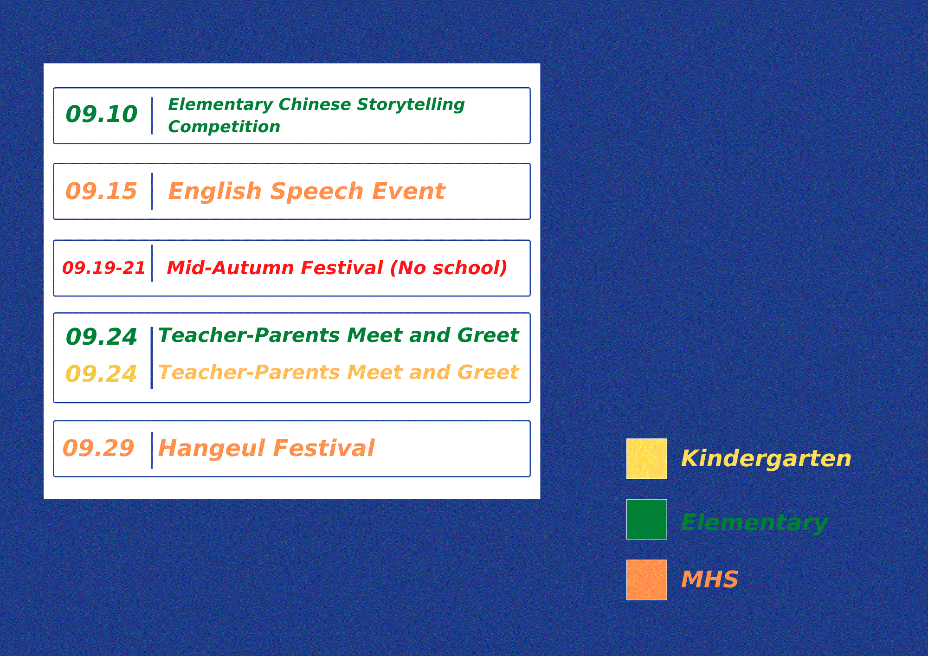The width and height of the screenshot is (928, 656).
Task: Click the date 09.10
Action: coord(102,114)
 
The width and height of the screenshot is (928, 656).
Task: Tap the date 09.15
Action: coord(102,191)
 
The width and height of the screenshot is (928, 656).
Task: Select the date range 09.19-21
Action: coord(104,268)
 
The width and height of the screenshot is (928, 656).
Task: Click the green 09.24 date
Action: coord(102,337)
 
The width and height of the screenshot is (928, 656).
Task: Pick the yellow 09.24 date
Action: coord(102,374)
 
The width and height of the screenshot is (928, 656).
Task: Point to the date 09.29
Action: coord(98,448)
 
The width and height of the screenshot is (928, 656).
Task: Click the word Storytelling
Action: coord(411,105)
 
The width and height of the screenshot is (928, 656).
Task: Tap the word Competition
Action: coord(224,127)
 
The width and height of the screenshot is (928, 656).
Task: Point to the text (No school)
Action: coord(449,268)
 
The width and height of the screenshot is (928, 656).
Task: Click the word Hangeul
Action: coord(212,449)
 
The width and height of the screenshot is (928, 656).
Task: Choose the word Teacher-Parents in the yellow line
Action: coord(249,373)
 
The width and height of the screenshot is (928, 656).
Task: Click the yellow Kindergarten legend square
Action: coord(646,458)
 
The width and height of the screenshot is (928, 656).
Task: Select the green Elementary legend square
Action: coord(646,519)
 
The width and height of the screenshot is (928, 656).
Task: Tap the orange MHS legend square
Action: coord(646,579)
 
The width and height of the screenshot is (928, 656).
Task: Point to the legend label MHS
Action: coord(709,579)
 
